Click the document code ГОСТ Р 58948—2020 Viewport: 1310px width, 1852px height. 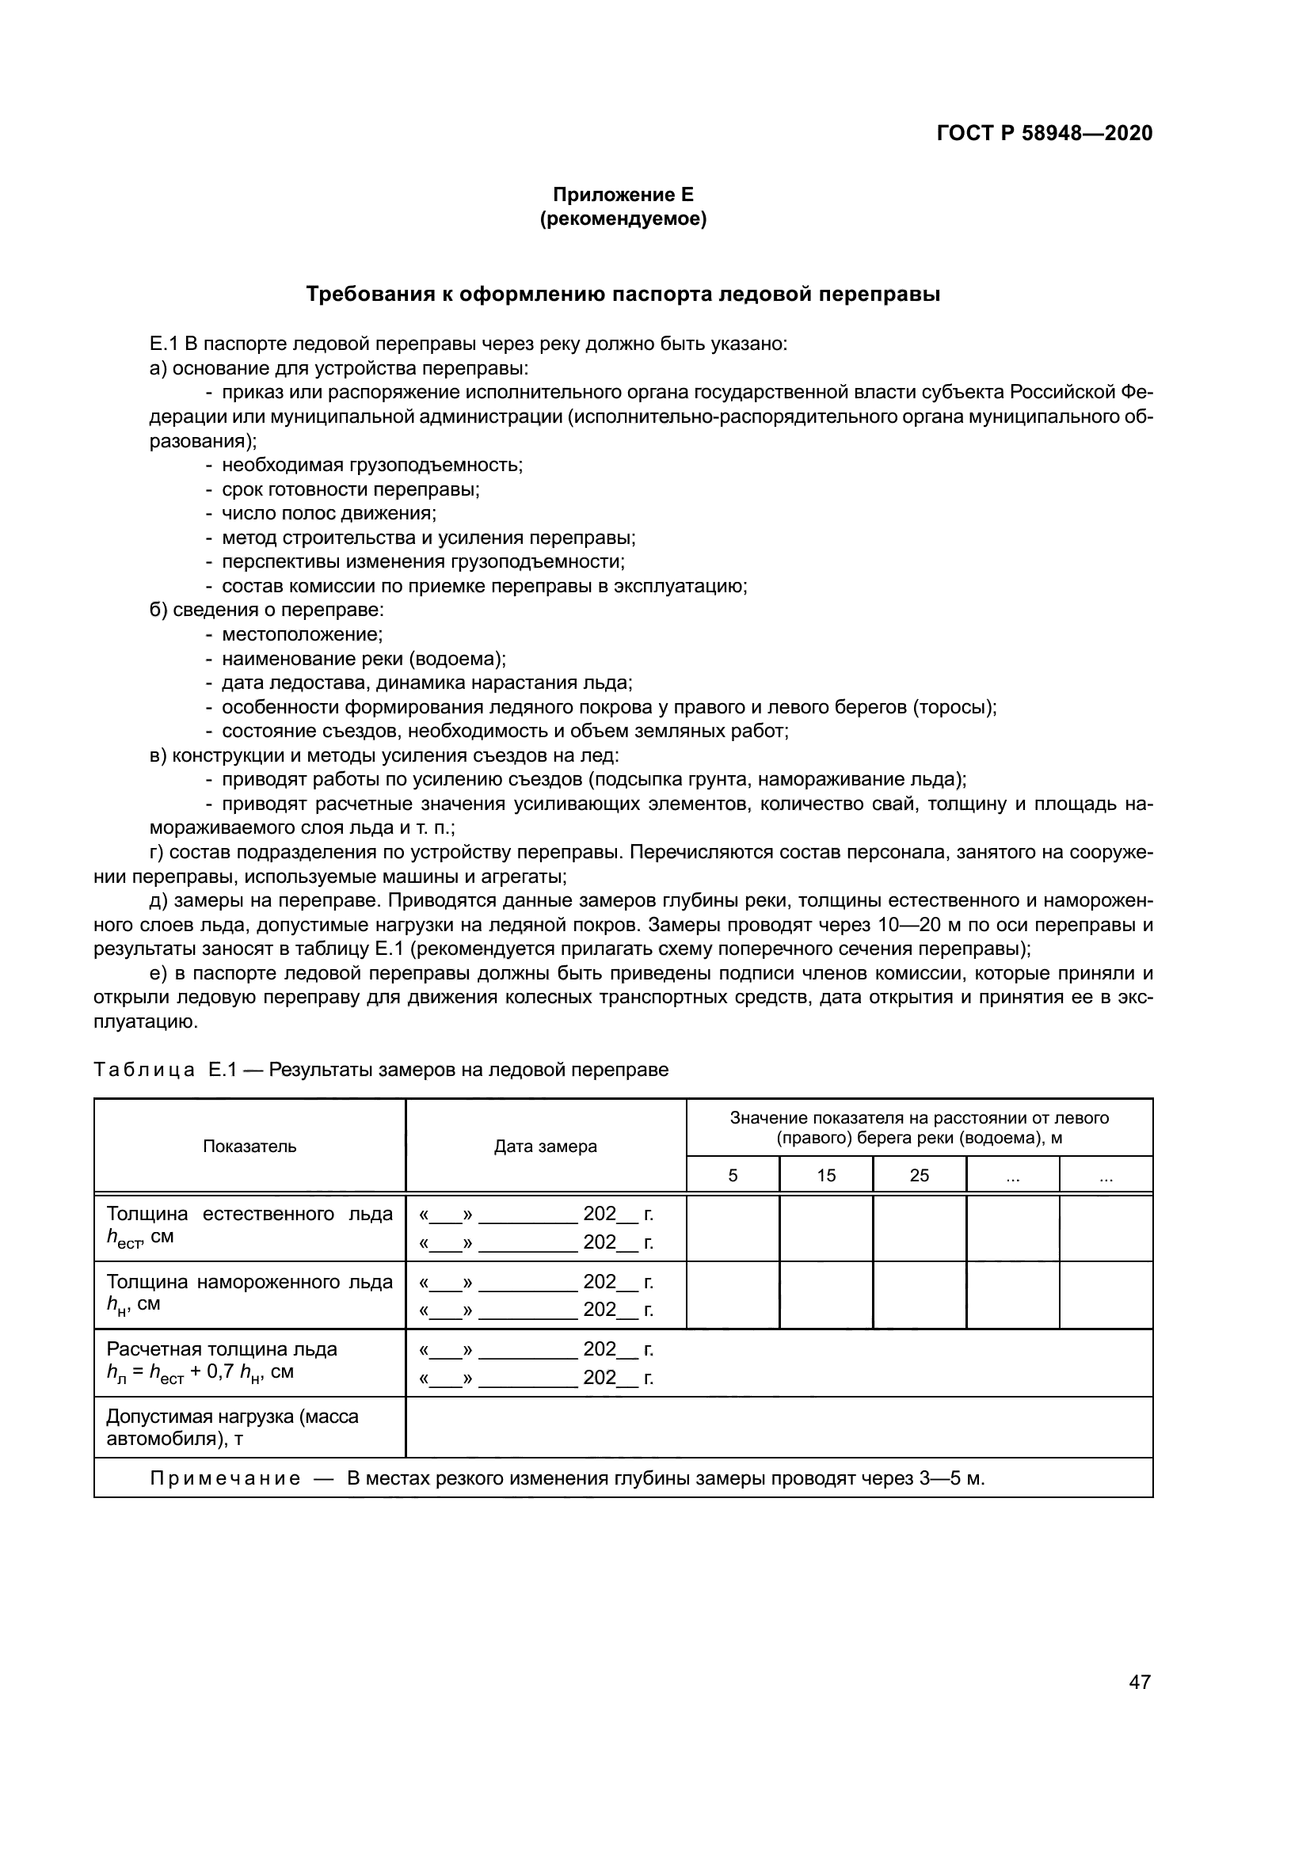coord(1044,133)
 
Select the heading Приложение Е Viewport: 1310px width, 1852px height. coord(623,195)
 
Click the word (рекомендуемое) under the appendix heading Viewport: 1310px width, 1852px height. coord(623,219)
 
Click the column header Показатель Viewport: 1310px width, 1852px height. coord(249,1147)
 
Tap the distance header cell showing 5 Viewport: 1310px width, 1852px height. coord(733,1175)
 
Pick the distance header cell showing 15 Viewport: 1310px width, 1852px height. coord(826,1175)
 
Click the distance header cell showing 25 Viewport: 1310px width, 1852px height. coord(920,1175)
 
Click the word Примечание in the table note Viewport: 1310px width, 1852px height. coord(225,1478)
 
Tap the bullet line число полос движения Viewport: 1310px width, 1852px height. coord(329,514)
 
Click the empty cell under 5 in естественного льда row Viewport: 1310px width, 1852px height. coord(733,1228)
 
